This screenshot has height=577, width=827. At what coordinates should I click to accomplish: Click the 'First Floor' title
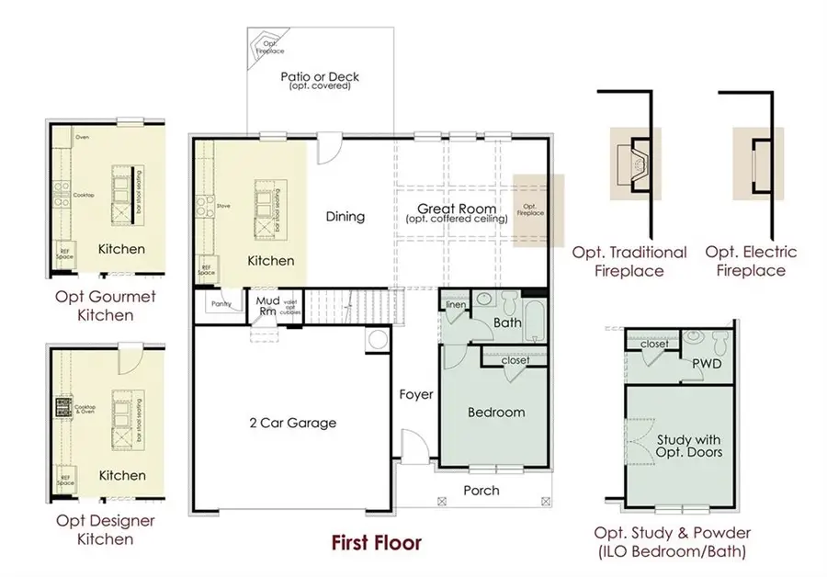point(376,543)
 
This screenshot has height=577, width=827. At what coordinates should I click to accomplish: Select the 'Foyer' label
point(415,395)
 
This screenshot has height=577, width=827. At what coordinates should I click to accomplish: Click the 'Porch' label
point(481,491)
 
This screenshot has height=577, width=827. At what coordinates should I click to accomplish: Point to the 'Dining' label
point(346,217)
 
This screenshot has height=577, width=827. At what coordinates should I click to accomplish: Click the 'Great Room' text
point(451,209)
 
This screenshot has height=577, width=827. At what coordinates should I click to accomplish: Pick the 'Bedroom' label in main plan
point(496,412)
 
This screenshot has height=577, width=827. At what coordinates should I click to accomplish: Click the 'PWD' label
point(708,364)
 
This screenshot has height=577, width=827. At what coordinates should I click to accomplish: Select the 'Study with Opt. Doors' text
point(689,445)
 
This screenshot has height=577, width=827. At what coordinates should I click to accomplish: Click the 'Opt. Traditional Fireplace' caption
point(629,261)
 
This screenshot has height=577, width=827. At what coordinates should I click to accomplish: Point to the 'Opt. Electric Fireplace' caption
point(751,261)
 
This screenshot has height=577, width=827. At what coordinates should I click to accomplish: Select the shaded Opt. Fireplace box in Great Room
point(528,210)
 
